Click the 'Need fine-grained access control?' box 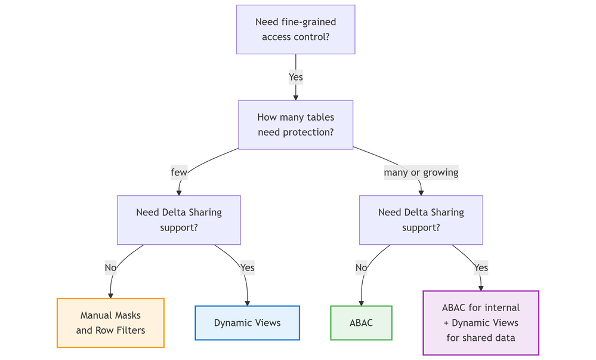[x=295, y=29]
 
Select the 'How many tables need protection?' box [x=295, y=124]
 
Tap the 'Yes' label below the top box [x=295, y=77]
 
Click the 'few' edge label [x=179, y=173]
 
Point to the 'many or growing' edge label [x=421, y=173]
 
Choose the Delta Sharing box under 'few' [x=179, y=220]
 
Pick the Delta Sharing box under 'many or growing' [x=421, y=220]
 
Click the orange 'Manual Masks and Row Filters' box [x=110, y=322]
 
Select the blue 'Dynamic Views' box [x=247, y=323]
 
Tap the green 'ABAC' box [x=361, y=323]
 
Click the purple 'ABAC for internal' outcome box [x=481, y=322]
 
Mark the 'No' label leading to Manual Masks [x=110, y=267]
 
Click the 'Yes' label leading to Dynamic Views [x=247, y=267]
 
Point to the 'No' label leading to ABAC [x=361, y=267]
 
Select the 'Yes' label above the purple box [x=481, y=267]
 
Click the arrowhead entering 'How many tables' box [x=295, y=97]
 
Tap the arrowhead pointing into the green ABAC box [x=361, y=303]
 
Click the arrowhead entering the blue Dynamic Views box [x=247, y=303]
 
